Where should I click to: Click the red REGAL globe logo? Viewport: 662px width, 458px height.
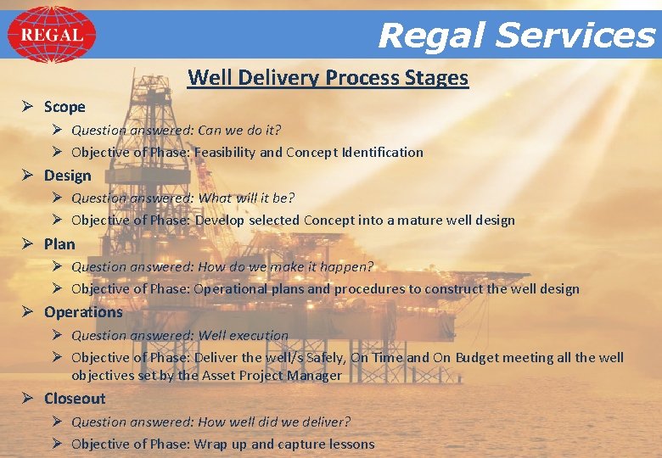[x=51, y=35]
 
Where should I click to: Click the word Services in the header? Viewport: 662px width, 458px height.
[x=575, y=36]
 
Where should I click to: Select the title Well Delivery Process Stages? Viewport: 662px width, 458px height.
[x=328, y=78]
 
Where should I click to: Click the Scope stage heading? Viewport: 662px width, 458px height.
[x=65, y=107]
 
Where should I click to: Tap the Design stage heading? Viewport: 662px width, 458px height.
[x=67, y=176]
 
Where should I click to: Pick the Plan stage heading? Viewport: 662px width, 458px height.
[x=59, y=244]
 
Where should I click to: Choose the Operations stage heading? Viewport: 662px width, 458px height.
[x=83, y=312]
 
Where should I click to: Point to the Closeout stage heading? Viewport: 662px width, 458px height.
[x=75, y=399]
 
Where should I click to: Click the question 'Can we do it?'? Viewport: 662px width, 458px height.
[x=239, y=131]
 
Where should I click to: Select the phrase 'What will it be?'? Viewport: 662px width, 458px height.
[x=246, y=198]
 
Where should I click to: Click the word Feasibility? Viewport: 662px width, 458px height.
[x=225, y=153]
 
